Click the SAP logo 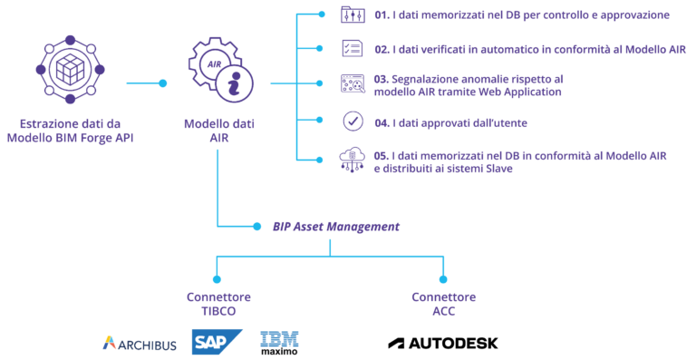[217, 342]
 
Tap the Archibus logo [140, 343]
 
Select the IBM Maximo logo [279, 342]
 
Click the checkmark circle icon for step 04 [352, 122]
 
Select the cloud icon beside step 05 [352, 159]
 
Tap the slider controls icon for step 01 [352, 15]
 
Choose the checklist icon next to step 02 [352, 49]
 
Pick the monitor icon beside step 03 [352, 83]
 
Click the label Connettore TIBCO [218, 304]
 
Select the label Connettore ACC [443, 304]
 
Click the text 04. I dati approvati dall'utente [450, 122]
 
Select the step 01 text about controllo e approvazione [521, 15]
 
